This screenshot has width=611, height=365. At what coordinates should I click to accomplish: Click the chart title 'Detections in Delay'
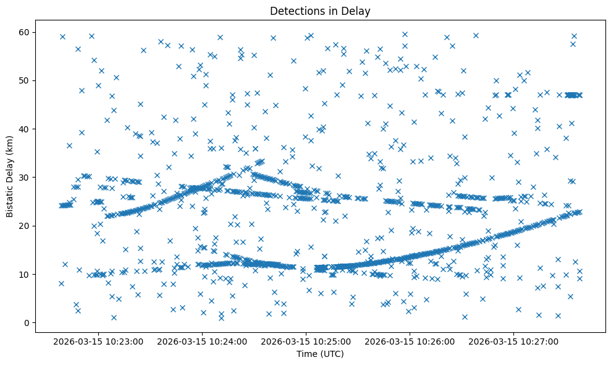320,11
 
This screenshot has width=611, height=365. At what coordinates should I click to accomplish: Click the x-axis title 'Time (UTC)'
320,354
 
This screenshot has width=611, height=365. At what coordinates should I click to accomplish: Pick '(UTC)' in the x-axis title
332,354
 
